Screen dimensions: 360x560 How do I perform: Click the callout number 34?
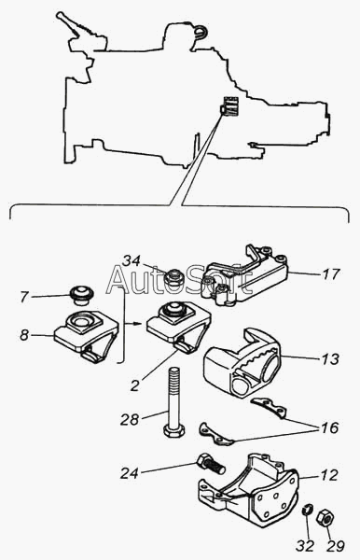pyautogui.click(x=132, y=261)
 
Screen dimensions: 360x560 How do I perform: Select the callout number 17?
pyautogui.click(x=331, y=274)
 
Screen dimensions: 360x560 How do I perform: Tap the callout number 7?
pyautogui.click(x=23, y=297)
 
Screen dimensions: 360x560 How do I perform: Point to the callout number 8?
pyautogui.click(x=23, y=335)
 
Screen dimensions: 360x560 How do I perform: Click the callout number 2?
pyautogui.click(x=134, y=385)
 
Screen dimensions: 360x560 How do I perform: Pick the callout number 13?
pyautogui.click(x=330, y=359)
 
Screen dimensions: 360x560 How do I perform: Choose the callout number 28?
pyautogui.click(x=129, y=420)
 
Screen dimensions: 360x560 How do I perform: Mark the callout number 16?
pyautogui.click(x=329, y=427)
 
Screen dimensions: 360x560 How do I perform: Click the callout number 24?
pyautogui.click(x=129, y=473)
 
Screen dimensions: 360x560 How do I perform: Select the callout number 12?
pyautogui.click(x=328, y=475)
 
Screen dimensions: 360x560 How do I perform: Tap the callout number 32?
pyautogui.click(x=305, y=546)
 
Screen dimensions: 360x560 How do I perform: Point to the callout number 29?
pyautogui.click(x=336, y=546)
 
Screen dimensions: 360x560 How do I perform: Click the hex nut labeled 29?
pyautogui.click(x=325, y=517)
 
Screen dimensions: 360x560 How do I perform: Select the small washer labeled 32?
pyautogui.click(x=308, y=509)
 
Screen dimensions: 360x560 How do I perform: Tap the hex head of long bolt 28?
pyautogui.click(x=173, y=429)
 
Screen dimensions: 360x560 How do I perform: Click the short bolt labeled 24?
pyautogui.click(x=210, y=464)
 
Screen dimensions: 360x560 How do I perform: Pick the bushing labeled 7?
pyautogui.click(x=81, y=295)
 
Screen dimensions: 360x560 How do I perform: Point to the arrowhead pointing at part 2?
pyautogui.click(x=137, y=324)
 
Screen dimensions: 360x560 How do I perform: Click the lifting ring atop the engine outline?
pyautogui.click(x=201, y=32)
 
